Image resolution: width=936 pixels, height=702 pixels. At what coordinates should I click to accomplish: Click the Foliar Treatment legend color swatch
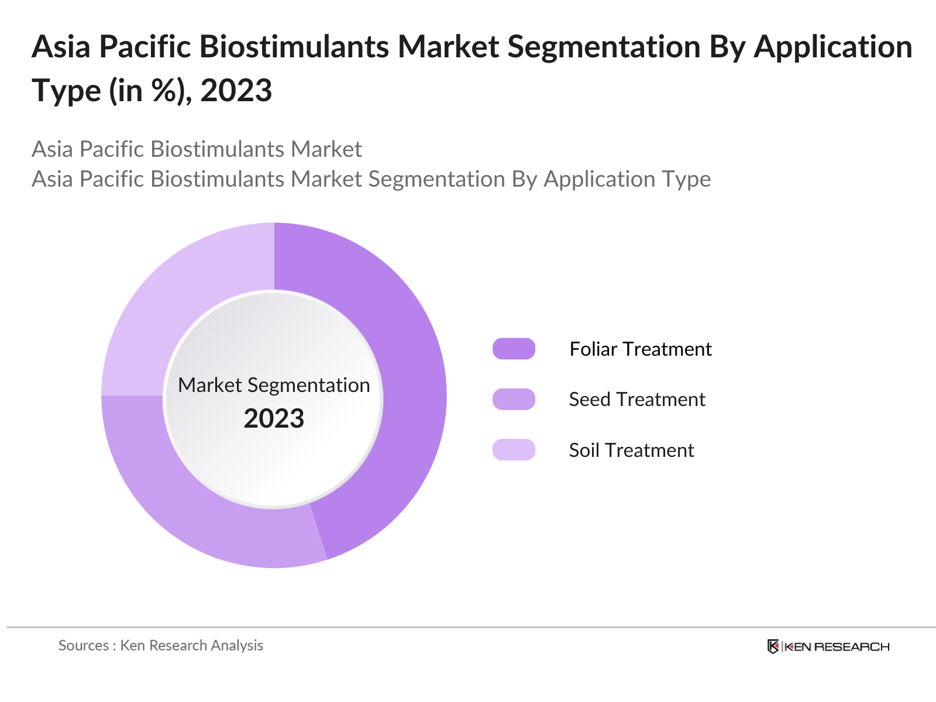(x=514, y=349)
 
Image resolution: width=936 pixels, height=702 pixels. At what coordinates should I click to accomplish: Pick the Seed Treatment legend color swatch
(x=514, y=399)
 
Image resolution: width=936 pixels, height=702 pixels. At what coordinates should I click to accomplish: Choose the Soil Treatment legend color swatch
(x=514, y=450)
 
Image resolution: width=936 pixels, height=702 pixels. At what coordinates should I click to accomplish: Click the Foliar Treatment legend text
(x=641, y=349)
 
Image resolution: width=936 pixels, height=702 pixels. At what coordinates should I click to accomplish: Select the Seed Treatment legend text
(x=637, y=399)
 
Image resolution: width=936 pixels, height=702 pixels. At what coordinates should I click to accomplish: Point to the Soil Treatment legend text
(x=631, y=450)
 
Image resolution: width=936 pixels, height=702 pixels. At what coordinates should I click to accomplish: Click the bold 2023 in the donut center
(x=274, y=418)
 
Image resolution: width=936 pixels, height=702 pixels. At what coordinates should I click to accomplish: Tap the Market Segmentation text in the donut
(x=274, y=385)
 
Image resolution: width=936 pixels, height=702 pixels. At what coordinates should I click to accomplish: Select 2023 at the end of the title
(x=236, y=91)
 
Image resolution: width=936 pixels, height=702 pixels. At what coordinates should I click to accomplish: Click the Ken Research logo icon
(x=773, y=646)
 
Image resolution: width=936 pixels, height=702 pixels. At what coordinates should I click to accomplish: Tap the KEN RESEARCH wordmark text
(x=837, y=646)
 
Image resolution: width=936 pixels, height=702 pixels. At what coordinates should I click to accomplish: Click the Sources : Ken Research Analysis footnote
(x=160, y=645)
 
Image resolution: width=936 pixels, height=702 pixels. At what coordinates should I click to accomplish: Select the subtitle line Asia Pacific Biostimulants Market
(x=197, y=149)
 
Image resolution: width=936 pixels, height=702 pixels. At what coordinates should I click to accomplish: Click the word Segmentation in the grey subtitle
(x=436, y=178)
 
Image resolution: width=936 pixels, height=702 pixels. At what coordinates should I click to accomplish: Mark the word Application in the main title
(x=833, y=47)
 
